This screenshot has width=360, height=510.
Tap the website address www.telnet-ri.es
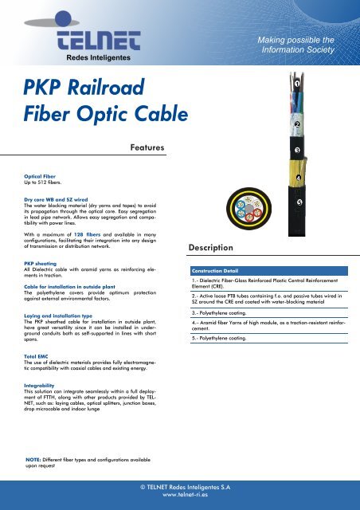180,495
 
